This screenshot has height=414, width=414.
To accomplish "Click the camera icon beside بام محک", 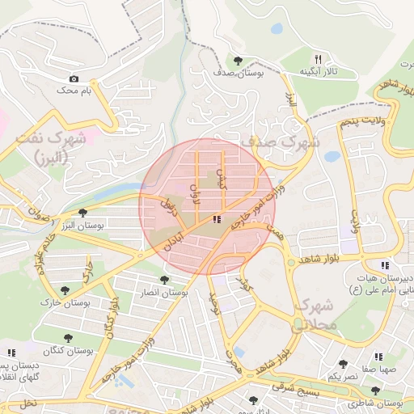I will pos(74,78).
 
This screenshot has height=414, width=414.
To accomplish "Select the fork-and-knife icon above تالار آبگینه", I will pos(318,59).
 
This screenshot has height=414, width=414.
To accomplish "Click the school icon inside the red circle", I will pos(216,219).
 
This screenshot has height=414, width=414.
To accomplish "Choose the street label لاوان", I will pos(193,193).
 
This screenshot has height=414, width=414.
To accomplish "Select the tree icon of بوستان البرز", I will pos(82,212).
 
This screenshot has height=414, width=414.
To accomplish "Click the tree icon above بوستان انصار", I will pos(165,280).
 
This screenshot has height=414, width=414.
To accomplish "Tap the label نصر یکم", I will pos(343,377).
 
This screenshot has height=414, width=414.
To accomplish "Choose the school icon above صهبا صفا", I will pos(377,357).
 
